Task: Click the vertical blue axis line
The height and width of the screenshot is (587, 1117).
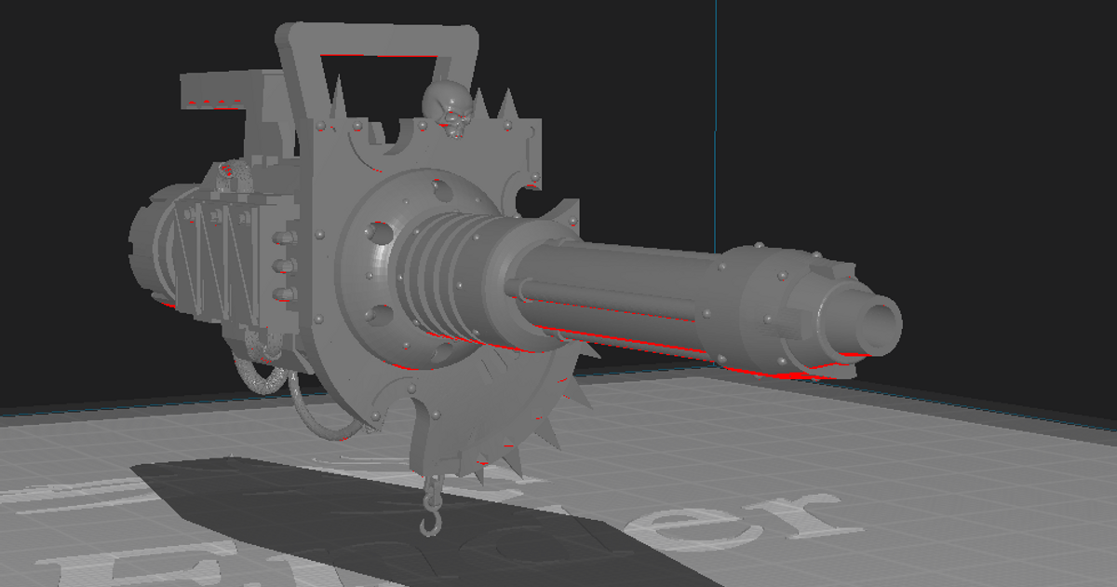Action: coord(717,112)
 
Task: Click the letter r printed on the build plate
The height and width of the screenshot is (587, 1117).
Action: coord(801,522)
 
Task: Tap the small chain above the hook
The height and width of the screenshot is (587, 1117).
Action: coord(430,489)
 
